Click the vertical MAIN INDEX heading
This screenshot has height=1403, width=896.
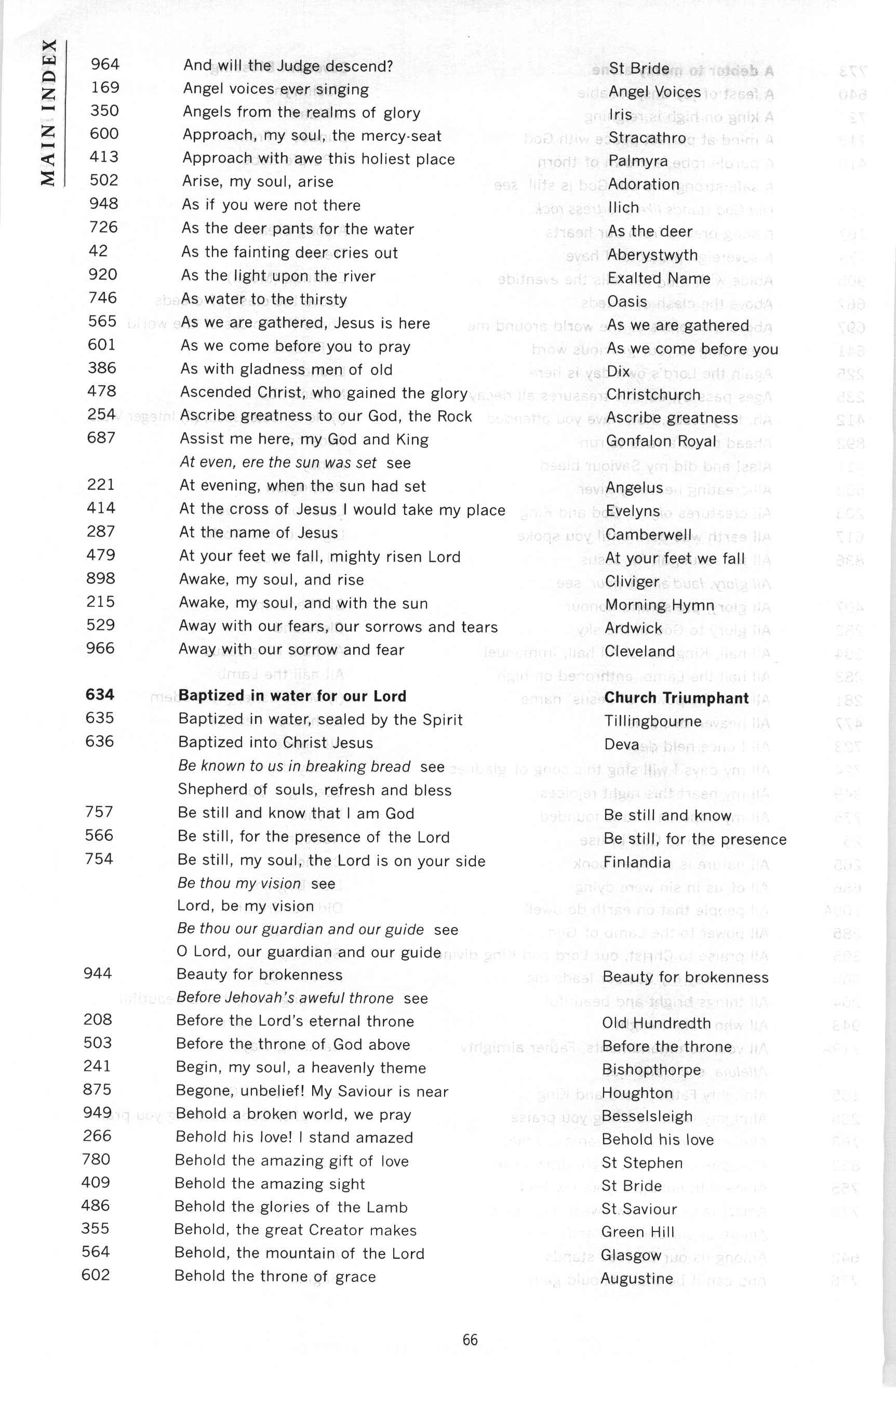tap(49, 112)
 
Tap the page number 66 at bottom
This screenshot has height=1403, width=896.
tap(470, 1340)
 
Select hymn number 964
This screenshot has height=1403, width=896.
tap(105, 64)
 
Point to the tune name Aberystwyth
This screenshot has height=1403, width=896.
tap(652, 255)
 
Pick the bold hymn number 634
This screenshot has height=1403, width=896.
tap(100, 695)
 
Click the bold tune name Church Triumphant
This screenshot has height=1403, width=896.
tap(676, 698)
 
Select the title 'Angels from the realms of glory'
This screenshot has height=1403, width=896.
tap(301, 112)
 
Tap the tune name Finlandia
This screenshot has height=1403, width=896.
tap(637, 862)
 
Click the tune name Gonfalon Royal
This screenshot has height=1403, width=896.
tap(661, 442)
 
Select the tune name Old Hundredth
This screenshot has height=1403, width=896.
tap(657, 1023)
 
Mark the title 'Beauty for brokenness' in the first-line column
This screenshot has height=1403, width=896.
tap(259, 975)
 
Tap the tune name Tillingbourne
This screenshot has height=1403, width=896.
tap(652, 721)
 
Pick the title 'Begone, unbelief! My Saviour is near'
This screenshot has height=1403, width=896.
tap(312, 1091)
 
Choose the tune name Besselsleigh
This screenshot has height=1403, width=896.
tap(647, 1116)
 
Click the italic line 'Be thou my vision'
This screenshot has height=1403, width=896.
tap(239, 883)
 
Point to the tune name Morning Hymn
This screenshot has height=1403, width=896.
tap(651, 605)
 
